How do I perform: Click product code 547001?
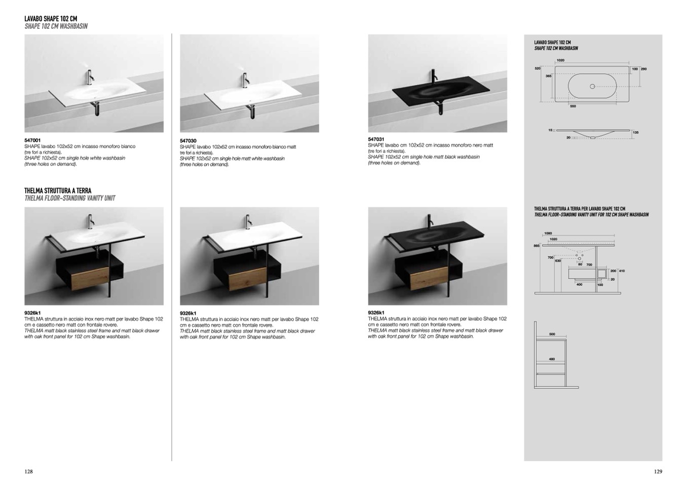32,140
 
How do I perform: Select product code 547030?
188,141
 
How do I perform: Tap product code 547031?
376,139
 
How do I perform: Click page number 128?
28,472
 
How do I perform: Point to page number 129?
658,472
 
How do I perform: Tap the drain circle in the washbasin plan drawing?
593,87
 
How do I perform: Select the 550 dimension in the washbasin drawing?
573,106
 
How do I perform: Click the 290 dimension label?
644,69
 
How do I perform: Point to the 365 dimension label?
548,76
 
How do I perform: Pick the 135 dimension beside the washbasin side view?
635,133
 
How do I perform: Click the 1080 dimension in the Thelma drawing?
548,234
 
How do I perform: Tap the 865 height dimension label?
537,246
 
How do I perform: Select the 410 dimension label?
622,271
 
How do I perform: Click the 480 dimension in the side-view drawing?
552,359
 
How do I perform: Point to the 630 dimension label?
558,261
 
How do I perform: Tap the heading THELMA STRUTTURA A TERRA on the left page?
58,191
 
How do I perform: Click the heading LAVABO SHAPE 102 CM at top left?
51,19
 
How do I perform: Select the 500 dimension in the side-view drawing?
552,334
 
